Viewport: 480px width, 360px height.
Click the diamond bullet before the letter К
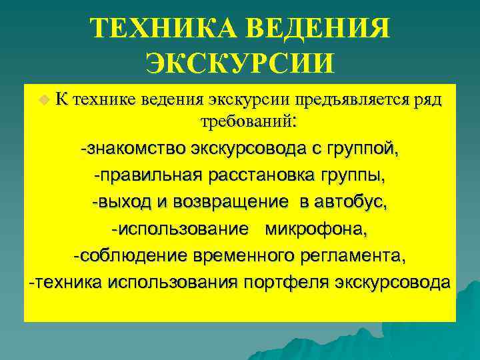point(44,100)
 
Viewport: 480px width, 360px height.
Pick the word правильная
point(143,177)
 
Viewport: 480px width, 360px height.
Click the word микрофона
point(316,229)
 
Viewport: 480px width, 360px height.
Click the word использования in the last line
point(172,282)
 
